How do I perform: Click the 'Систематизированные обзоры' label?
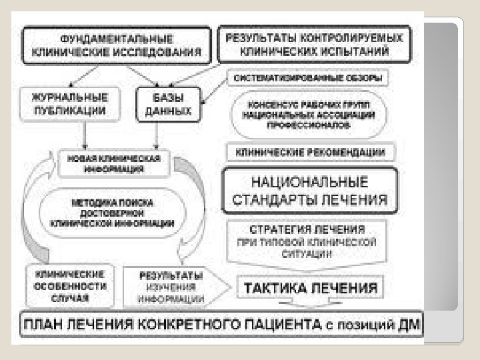(x=308, y=79)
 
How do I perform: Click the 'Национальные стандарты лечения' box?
(x=309, y=190)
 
